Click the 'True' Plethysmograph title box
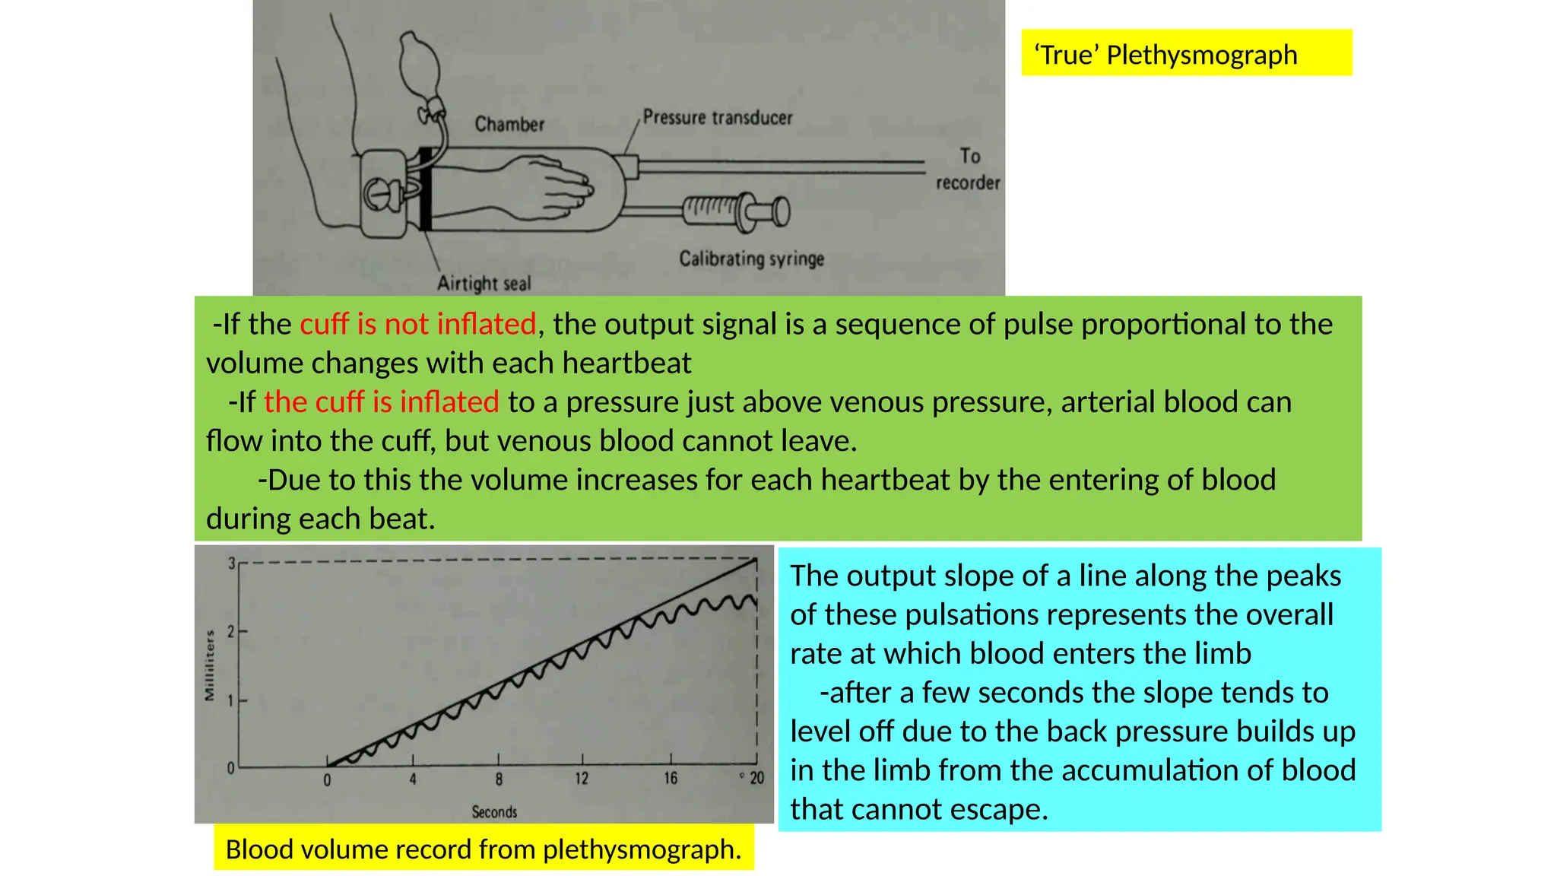click(x=1186, y=53)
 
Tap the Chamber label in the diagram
click(x=509, y=124)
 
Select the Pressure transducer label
click(x=717, y=117)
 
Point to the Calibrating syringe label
click(x=751, y=259)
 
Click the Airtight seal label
click(x=484, y=284)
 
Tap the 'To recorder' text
click(x=968, y=169)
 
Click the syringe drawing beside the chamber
click(x=736, y=211)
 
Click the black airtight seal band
click(x=426, y=189)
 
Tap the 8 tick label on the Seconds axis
click(x=499, y=779)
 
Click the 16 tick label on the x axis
click(x=670, y=779)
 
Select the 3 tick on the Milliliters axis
click(x=231, y=563)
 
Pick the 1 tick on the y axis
click(x=231, y=700)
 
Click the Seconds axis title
click(x=494, y=812)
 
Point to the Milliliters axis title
click(x=210, y=665)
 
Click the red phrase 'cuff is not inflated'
click(x=418, y=324)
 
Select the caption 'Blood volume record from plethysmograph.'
click(x=484, y=849)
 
